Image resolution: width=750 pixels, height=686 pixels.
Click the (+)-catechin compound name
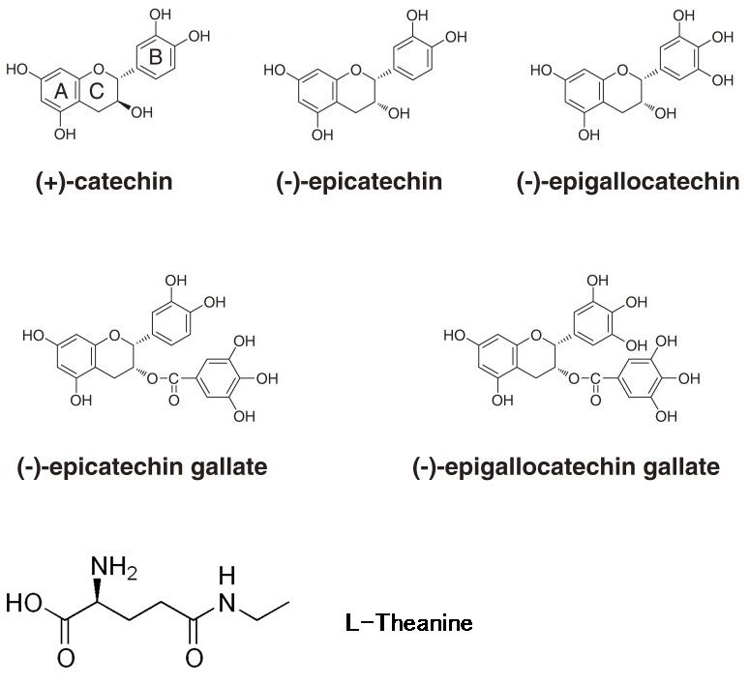tap(105, 182)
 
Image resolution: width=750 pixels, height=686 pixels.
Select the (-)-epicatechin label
tap(359, 182)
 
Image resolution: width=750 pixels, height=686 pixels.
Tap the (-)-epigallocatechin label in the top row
tap(628, 182)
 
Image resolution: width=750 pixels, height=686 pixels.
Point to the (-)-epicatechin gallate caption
tap(142, 467)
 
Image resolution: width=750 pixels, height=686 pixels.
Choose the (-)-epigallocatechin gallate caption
tap(566, 467)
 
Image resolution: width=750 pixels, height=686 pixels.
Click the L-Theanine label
tap(409, 623)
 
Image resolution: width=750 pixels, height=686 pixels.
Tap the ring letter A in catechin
tap(62, 91)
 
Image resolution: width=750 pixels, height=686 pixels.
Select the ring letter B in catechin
tap(156, 57)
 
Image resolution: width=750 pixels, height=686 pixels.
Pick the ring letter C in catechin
tap(97, 91)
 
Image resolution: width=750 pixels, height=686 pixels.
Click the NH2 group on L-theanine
tap(114, 568)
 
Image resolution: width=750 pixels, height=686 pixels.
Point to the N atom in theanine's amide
tap(226, 604)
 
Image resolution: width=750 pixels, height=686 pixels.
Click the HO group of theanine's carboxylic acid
tap(24, 604)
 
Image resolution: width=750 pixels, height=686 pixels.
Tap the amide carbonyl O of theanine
tap(194, 658)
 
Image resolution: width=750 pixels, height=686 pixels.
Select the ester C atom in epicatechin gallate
tap(173, 379)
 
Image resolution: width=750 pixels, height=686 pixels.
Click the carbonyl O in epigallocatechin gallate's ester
tap(595, 400)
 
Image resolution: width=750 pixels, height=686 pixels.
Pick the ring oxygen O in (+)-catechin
tap(99, 70)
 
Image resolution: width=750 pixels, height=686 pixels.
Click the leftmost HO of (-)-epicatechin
tap(275, 71)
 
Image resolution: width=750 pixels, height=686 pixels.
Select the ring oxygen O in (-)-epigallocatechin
tap(622, 71)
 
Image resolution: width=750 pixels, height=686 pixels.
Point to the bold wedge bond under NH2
tap(97, 592)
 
